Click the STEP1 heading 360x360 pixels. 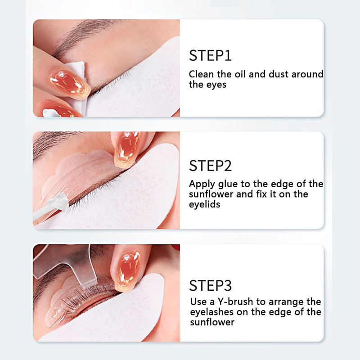click(x=210, y=55)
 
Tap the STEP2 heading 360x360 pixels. click(x=210, y=166)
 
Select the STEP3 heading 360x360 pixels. click(x=210, y=286)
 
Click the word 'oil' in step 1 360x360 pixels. click(x=240, y=74)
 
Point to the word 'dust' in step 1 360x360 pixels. click(x=279, y=74)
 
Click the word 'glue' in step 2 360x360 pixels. click(x=228, y=184)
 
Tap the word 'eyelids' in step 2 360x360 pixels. click(x=204, y=204)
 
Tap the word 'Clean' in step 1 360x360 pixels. click(x=201, y=74)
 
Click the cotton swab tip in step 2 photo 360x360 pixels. click(x=58, y=201)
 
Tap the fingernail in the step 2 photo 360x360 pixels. click(x=127, y=149)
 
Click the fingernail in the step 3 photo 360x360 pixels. click(x=128, y=271)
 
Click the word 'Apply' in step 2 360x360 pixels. click(x=202, y=184)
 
